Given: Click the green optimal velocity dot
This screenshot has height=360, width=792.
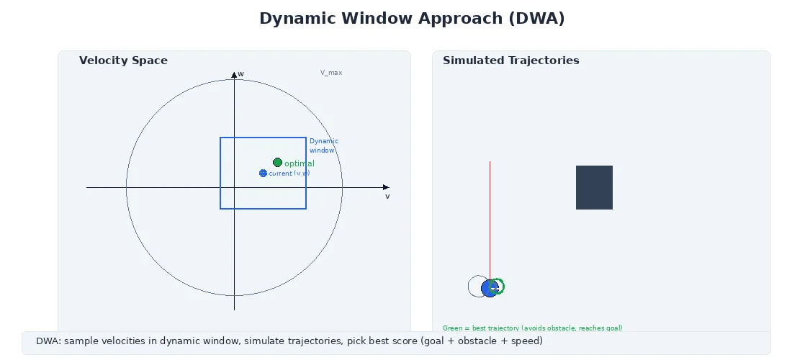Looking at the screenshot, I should [x=277, y=163].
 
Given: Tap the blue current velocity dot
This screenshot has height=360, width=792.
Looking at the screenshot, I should [x=263, y=174].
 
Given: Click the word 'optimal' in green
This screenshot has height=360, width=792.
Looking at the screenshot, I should [x=299, y=164].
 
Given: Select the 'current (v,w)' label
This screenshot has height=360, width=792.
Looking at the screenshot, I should [x=289, y=174].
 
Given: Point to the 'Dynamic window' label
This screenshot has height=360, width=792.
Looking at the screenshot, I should [x=323, y=145].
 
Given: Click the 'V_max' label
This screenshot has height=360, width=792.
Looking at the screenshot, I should [x=331, y=73].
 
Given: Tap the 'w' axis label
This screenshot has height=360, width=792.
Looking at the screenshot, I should [x=240, y=73].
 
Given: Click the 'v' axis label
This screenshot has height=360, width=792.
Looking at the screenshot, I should [x=387, y=196].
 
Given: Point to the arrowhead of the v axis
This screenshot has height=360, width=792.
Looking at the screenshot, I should [x=386, y=187].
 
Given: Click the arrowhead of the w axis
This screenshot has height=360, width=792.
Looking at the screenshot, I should [x=234, y=75].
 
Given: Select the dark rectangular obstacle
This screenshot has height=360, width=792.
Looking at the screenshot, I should [x=594, y=188].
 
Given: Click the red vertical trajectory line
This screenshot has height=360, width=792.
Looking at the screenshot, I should [x=490, y=216].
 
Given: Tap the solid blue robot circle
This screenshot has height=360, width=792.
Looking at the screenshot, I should [x=489, y=289].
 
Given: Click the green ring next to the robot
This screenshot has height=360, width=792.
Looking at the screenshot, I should [x=497, y=287].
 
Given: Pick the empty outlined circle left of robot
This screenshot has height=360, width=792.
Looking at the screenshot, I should [x=476, y=287].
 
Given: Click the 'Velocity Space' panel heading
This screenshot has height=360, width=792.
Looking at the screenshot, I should [x=123, y=60].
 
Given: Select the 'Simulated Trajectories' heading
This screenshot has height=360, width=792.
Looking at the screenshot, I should [x=510, y=60].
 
